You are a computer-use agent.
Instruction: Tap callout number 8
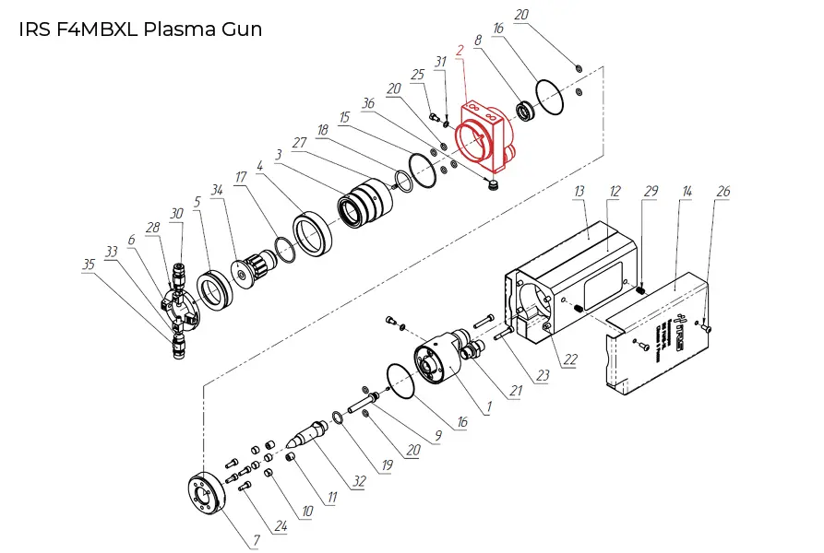pos(477,41)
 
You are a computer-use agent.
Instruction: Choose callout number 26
pos(723,191)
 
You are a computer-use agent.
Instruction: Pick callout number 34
pos(217,191)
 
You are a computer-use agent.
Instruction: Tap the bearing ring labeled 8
pos(527,112)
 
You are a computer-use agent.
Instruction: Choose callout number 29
pos(651,191)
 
